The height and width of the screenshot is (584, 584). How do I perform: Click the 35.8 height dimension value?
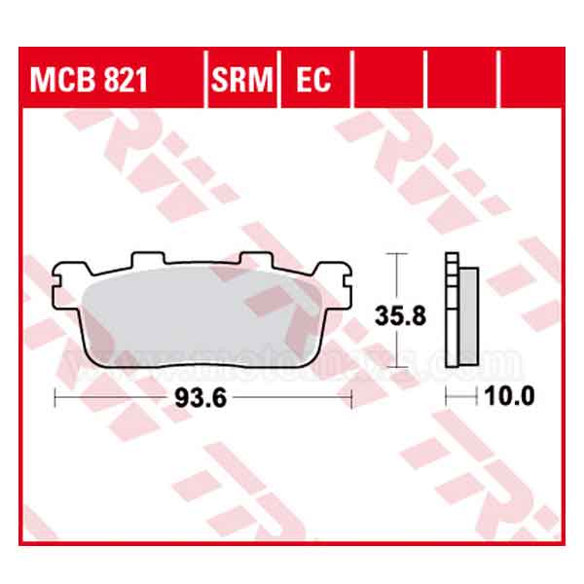click(396, 313)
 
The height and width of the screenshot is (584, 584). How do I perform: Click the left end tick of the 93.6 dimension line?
click(55, 397)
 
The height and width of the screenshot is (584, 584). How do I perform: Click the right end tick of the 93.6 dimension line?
click(349, 397)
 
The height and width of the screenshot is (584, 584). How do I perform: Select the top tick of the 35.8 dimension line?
click(397, 254)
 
